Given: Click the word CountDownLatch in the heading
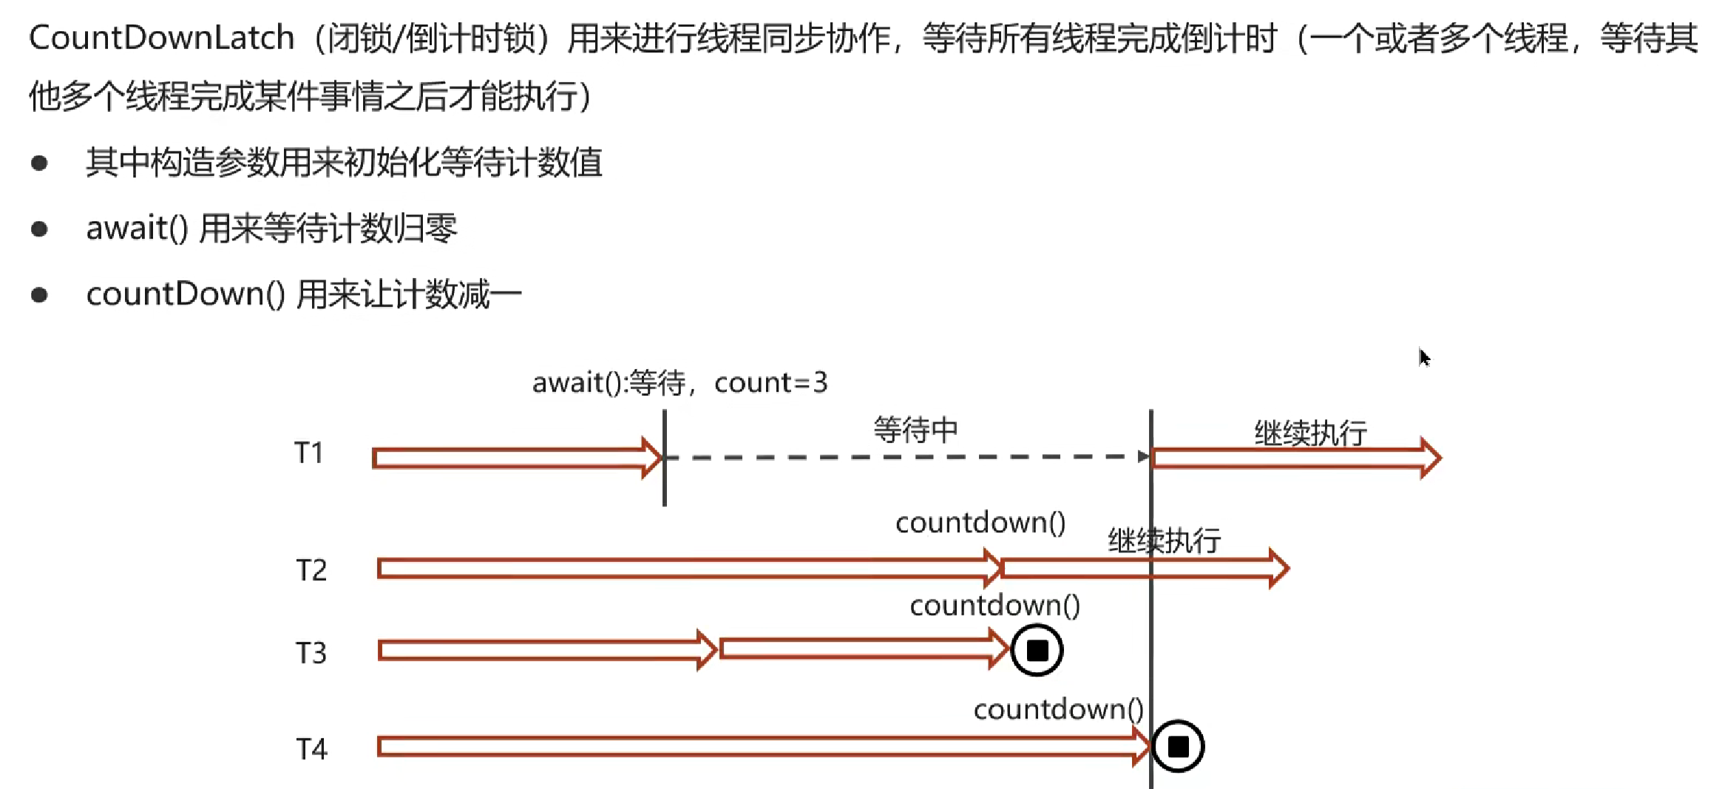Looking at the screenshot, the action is click(161, 38).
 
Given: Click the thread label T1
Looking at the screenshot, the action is click(309, 453).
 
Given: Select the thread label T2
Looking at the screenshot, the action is click(311, 570).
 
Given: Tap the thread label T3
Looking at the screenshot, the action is click(311, 653).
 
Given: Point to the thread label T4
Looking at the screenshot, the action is click(311, 749).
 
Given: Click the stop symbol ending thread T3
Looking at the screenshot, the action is click(1037, 651).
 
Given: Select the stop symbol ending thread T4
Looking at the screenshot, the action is click(1178, 746).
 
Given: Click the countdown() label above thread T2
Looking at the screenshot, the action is click(980, 523).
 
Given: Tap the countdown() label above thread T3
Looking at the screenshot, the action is click(994, 606).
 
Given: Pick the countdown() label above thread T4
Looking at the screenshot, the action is click(1058, 709).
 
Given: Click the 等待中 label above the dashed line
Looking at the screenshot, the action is click(915, 430).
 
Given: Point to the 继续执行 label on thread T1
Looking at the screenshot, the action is click(1310, 433).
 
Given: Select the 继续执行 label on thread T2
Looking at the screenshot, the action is click(1164, 541).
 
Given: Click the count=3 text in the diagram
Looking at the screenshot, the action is click(770, 382).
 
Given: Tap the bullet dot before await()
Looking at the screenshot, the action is click(39, 229).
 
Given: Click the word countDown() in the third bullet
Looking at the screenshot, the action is click(186, 294).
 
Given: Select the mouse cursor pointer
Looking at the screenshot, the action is click(1424, 357).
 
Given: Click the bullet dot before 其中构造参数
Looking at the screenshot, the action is click(39, 163).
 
